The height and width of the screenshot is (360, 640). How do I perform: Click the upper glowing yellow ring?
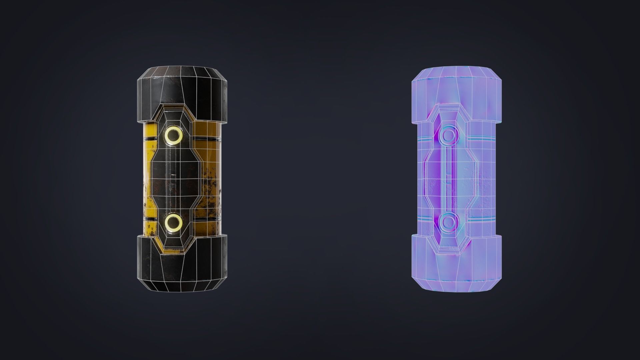[x=174, y=135]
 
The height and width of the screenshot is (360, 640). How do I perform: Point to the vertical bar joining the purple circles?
[x=449, y=178]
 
